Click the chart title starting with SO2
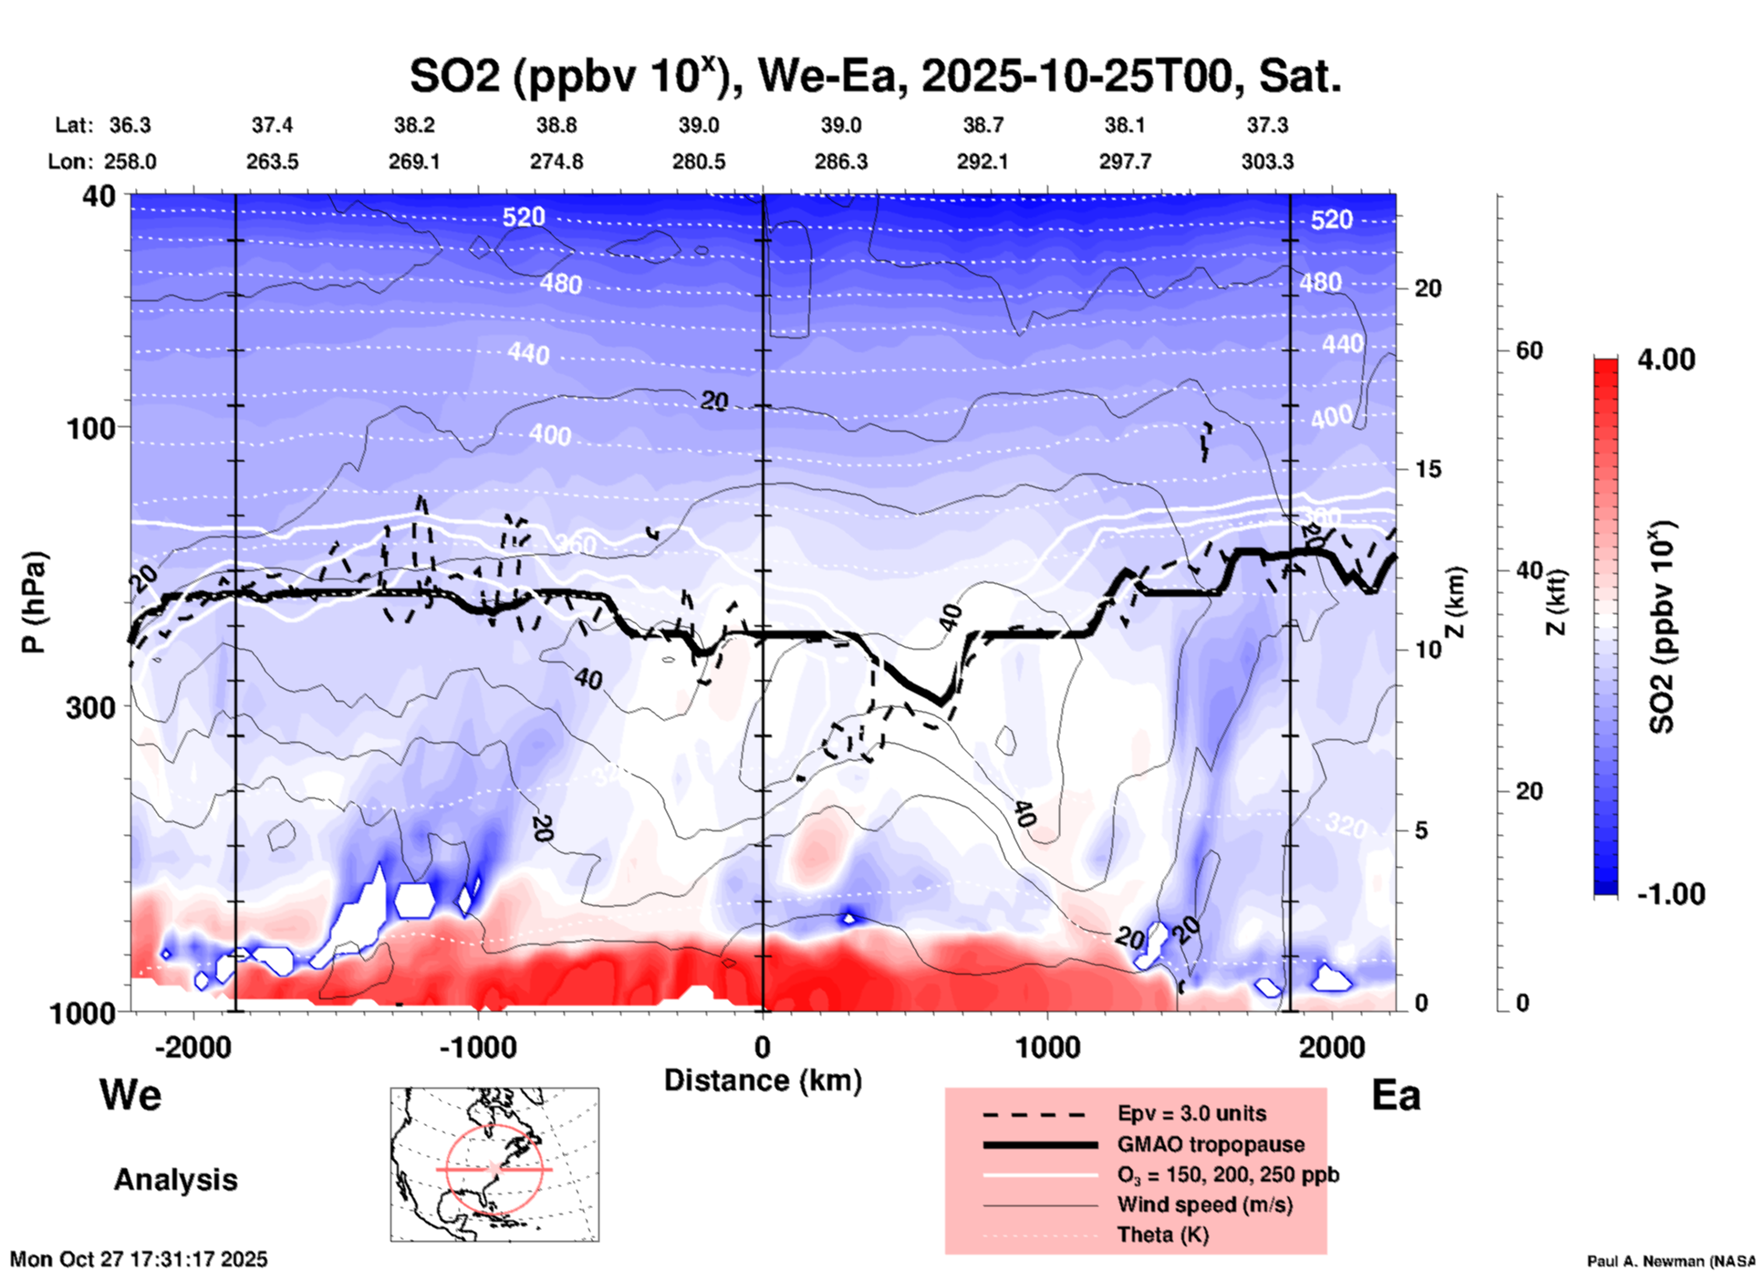coord(875,77)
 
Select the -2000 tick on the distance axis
coord(192,1048)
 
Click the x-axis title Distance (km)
coord(763,1080)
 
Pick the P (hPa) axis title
coord(33,602)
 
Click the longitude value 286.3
coord(840,162)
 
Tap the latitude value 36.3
coord(130,125)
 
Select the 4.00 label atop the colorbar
coord(1666,360)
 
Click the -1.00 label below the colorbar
coord(1670,894)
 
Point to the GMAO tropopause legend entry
coord(1211,1144)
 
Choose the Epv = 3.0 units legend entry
coord(1191,1113)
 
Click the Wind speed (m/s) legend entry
coord(1204,1205)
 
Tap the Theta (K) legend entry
coord(1162,1236)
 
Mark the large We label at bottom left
coord(130,1094)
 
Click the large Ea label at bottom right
coord(1396,1096)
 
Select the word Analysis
coord(175,1180)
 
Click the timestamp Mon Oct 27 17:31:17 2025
coord(139,1259)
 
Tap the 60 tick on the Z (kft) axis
coord(1529,350)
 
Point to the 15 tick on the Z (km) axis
coord(1428,469)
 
